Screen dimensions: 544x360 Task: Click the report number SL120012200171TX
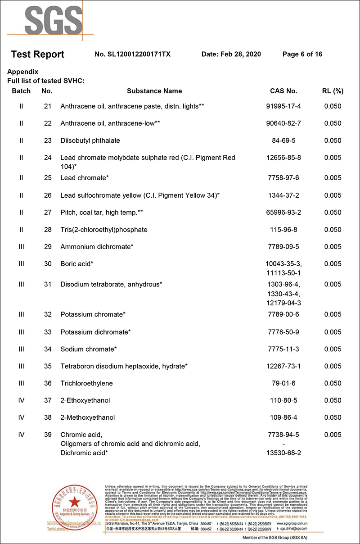pyautogui.click(x=133, y=54)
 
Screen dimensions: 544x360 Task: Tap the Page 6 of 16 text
pyautogui.click(x=302, y=54)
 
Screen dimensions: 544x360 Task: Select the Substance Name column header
pyautogui.click(x=154, y=91)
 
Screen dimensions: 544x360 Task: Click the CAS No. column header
pyautogui.click(x=283, y=91)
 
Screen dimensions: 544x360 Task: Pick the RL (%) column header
pyautogui.click(x=333, y=91)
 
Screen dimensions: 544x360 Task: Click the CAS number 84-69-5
pyautogui.click(x=283, y=141)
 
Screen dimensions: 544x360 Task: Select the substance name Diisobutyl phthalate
pyautogui.click(x=90, y=141)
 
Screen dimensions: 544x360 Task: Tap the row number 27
pyautogui.click(x=48, y=213)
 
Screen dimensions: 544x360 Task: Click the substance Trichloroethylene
pyautogui.click(x=86, y=383)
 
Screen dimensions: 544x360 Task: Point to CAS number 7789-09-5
pyautogui.click(x=283, y=247)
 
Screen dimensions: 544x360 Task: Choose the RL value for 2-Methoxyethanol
pyautogui.click(x=333, y=417)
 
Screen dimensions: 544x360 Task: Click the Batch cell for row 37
pyautogui.click(x=21, y=400)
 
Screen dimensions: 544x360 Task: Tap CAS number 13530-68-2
pyautogui.click(x=283, y=453)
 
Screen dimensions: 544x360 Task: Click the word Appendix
pyautogui.click(x=22, y=72)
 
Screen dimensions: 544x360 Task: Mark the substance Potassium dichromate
pyautogui.click(x=95, y=332)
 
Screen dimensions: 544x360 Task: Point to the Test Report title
pyautogui.click(x=37, y=54)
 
